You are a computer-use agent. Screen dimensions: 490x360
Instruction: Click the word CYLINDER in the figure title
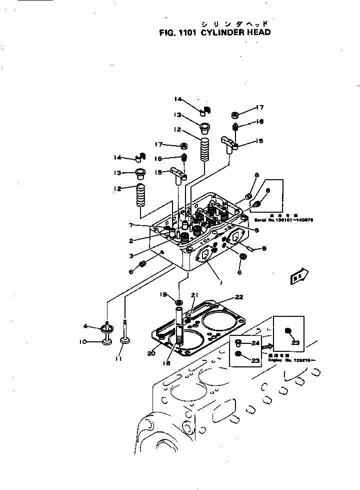222,33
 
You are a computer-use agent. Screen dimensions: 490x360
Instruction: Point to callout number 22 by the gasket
239,297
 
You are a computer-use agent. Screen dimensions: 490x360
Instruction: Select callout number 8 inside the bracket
268,190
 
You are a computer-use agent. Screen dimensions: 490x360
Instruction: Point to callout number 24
256,343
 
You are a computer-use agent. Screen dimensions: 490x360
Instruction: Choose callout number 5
256,230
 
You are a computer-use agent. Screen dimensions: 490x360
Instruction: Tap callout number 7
131,225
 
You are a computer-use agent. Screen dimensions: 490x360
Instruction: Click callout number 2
130,240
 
